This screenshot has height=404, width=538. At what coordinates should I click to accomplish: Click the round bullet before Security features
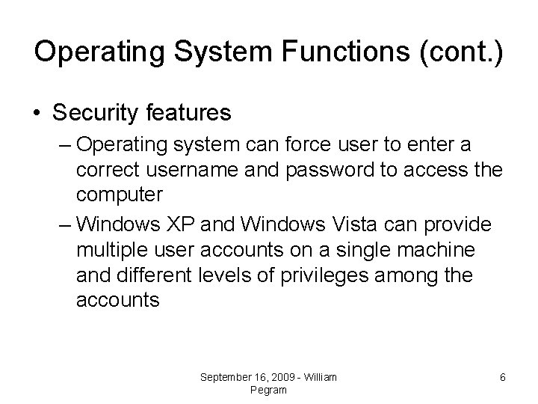point(37,113)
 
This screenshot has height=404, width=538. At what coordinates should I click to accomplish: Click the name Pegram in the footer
point(268,390)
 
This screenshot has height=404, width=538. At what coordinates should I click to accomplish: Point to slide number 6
point(502,378)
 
